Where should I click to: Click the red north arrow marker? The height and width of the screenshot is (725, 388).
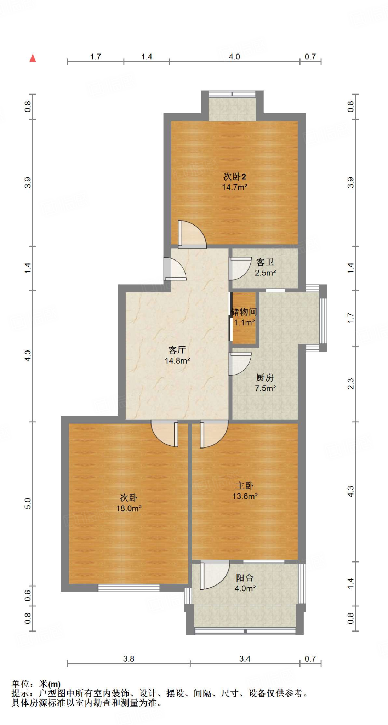point(33,58)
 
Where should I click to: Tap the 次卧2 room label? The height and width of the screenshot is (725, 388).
point(234,176)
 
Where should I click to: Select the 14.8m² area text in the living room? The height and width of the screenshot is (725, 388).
point(177,361)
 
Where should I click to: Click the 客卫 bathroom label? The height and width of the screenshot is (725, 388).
point(265,262)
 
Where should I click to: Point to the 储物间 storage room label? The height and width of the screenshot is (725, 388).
point(244,312)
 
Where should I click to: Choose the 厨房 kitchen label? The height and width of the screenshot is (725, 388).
point(265,378)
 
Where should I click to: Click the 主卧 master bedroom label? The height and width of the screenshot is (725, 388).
point(245,486)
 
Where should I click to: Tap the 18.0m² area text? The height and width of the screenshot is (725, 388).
point(129,508)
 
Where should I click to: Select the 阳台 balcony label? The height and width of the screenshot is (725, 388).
point(245,578)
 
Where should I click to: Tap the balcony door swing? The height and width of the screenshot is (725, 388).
point(215,574)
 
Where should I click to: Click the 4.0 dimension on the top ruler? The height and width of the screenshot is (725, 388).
point(234,57)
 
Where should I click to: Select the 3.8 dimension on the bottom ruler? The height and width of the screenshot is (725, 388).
point(129,659)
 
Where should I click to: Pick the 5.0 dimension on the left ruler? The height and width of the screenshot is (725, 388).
point(28,503)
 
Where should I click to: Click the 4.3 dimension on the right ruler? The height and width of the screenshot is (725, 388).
point(350,491)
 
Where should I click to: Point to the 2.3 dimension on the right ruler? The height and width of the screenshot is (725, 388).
point(350,384)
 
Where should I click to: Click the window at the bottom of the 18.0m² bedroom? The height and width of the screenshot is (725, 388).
point(129,588)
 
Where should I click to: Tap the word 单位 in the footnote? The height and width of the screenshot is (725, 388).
point(21,684)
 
